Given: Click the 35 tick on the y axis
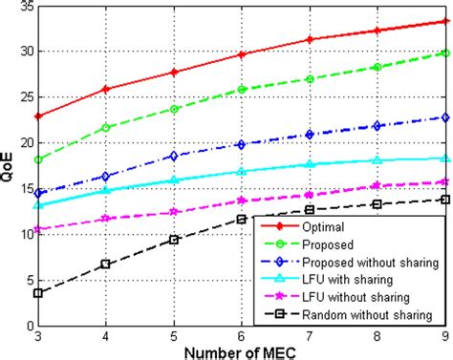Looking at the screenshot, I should click(24, 7).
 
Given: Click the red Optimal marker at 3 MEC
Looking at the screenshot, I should click(37, 116).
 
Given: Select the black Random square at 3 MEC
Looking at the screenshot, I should click(37, 293).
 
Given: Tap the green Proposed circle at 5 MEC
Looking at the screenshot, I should click(174, 109).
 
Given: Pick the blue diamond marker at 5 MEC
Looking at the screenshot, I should click(174, 156).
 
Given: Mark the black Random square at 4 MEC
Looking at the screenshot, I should click(106, 264).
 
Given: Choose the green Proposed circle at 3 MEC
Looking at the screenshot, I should click(37, 159).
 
